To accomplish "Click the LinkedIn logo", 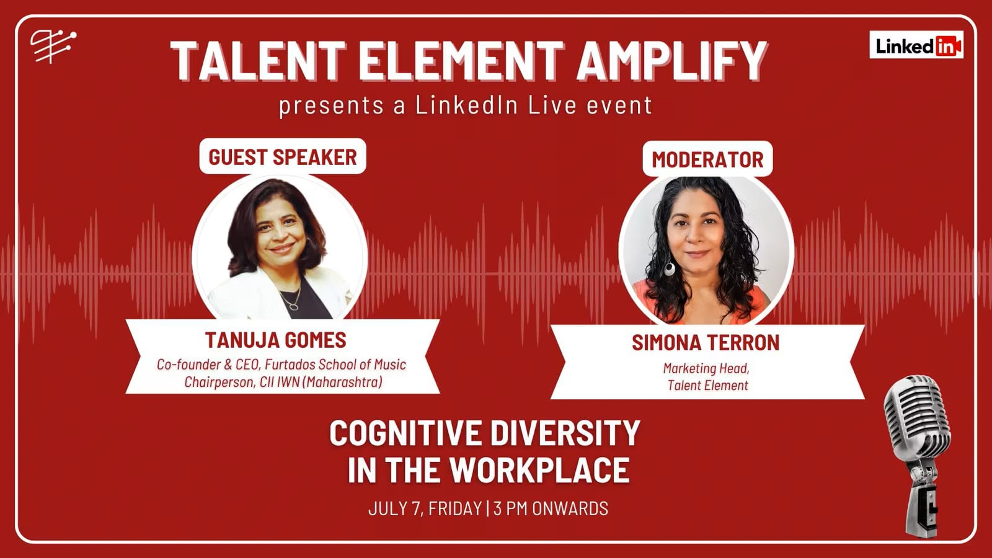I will (x=916, y=45).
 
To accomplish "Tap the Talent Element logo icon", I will (x=52, y=46).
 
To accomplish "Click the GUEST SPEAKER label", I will (x=283, y=157).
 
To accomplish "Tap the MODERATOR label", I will (x=707, y=159).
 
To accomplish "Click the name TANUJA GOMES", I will (x=276, y=340).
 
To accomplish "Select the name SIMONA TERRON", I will (x=706, y=342).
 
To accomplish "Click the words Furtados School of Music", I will (x=335, y=365).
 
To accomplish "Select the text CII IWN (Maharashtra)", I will (x=321, y=382).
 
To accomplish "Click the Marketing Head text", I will (x=706, y=368).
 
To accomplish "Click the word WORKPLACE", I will (x=539, y=470).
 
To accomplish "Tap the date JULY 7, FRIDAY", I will (x=425, y=508).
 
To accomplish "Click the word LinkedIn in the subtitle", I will (x=466, y=105).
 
